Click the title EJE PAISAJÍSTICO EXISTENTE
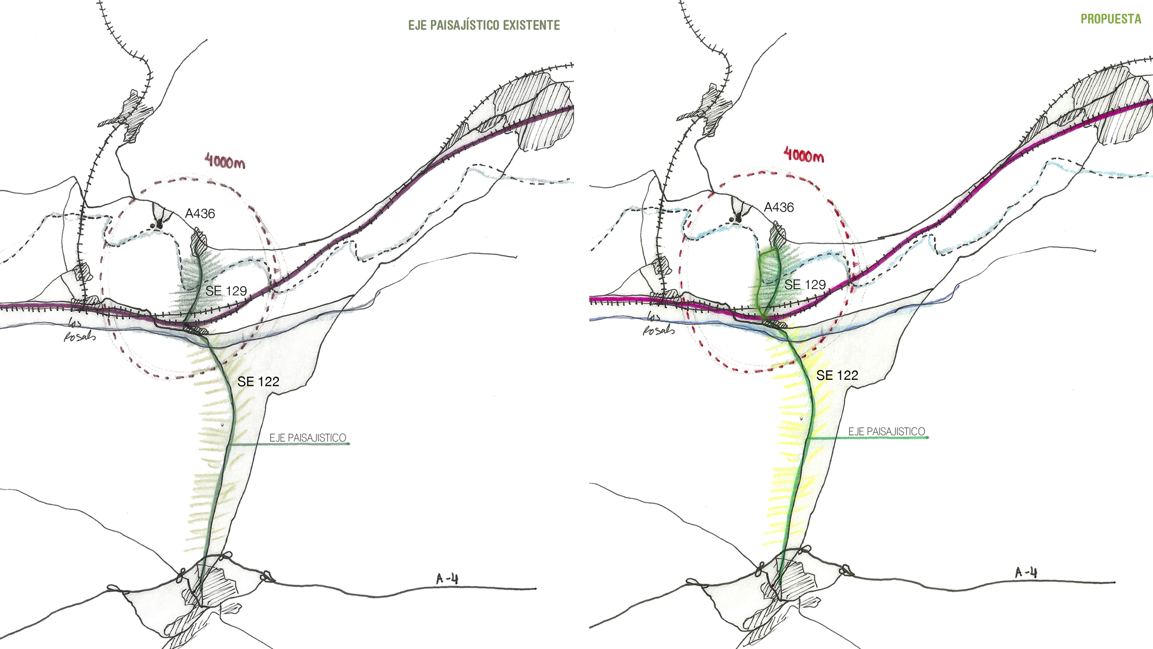point(484,25)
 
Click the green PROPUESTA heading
point(1111,19)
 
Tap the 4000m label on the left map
point(225,161)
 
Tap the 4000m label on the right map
point(804,154)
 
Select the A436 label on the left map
point(200,214)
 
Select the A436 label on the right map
point(779,207)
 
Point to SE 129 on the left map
point(226,291)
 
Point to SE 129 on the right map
point(805,284)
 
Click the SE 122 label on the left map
point(258,381)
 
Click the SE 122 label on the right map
point(837,375)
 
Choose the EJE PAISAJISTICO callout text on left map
point(308,438)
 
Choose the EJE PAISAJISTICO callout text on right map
point(887,431)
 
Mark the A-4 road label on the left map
point(447,579)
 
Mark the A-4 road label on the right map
point(1026,573)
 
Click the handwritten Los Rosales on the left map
point(78,330)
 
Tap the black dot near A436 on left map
point(158,225)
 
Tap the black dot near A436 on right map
point(737,219)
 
